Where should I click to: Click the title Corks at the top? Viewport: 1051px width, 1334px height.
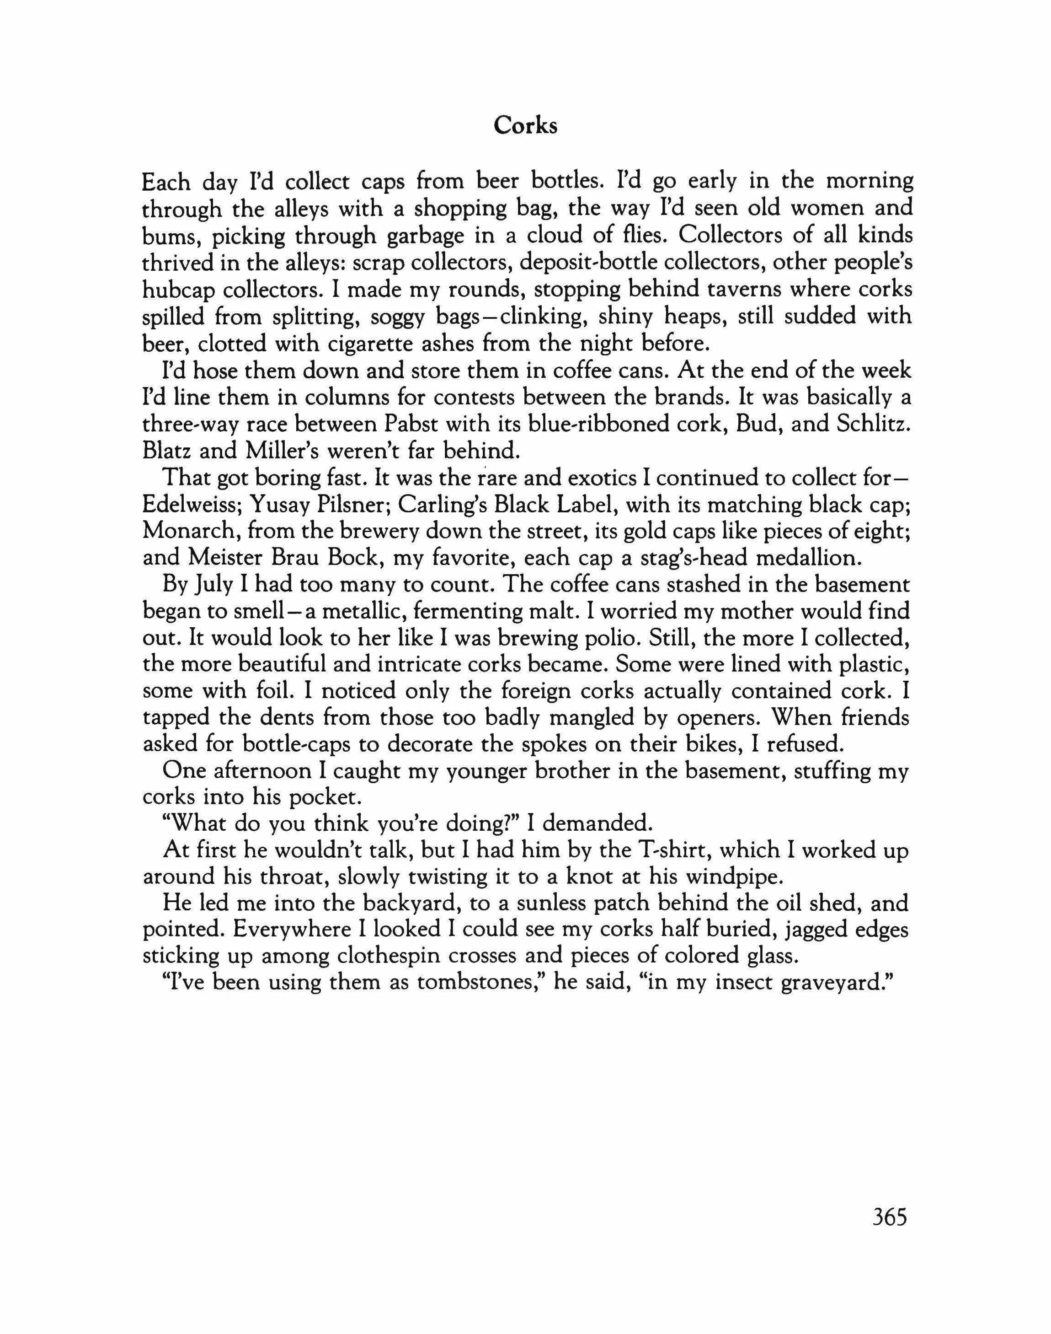coord(525,126)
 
